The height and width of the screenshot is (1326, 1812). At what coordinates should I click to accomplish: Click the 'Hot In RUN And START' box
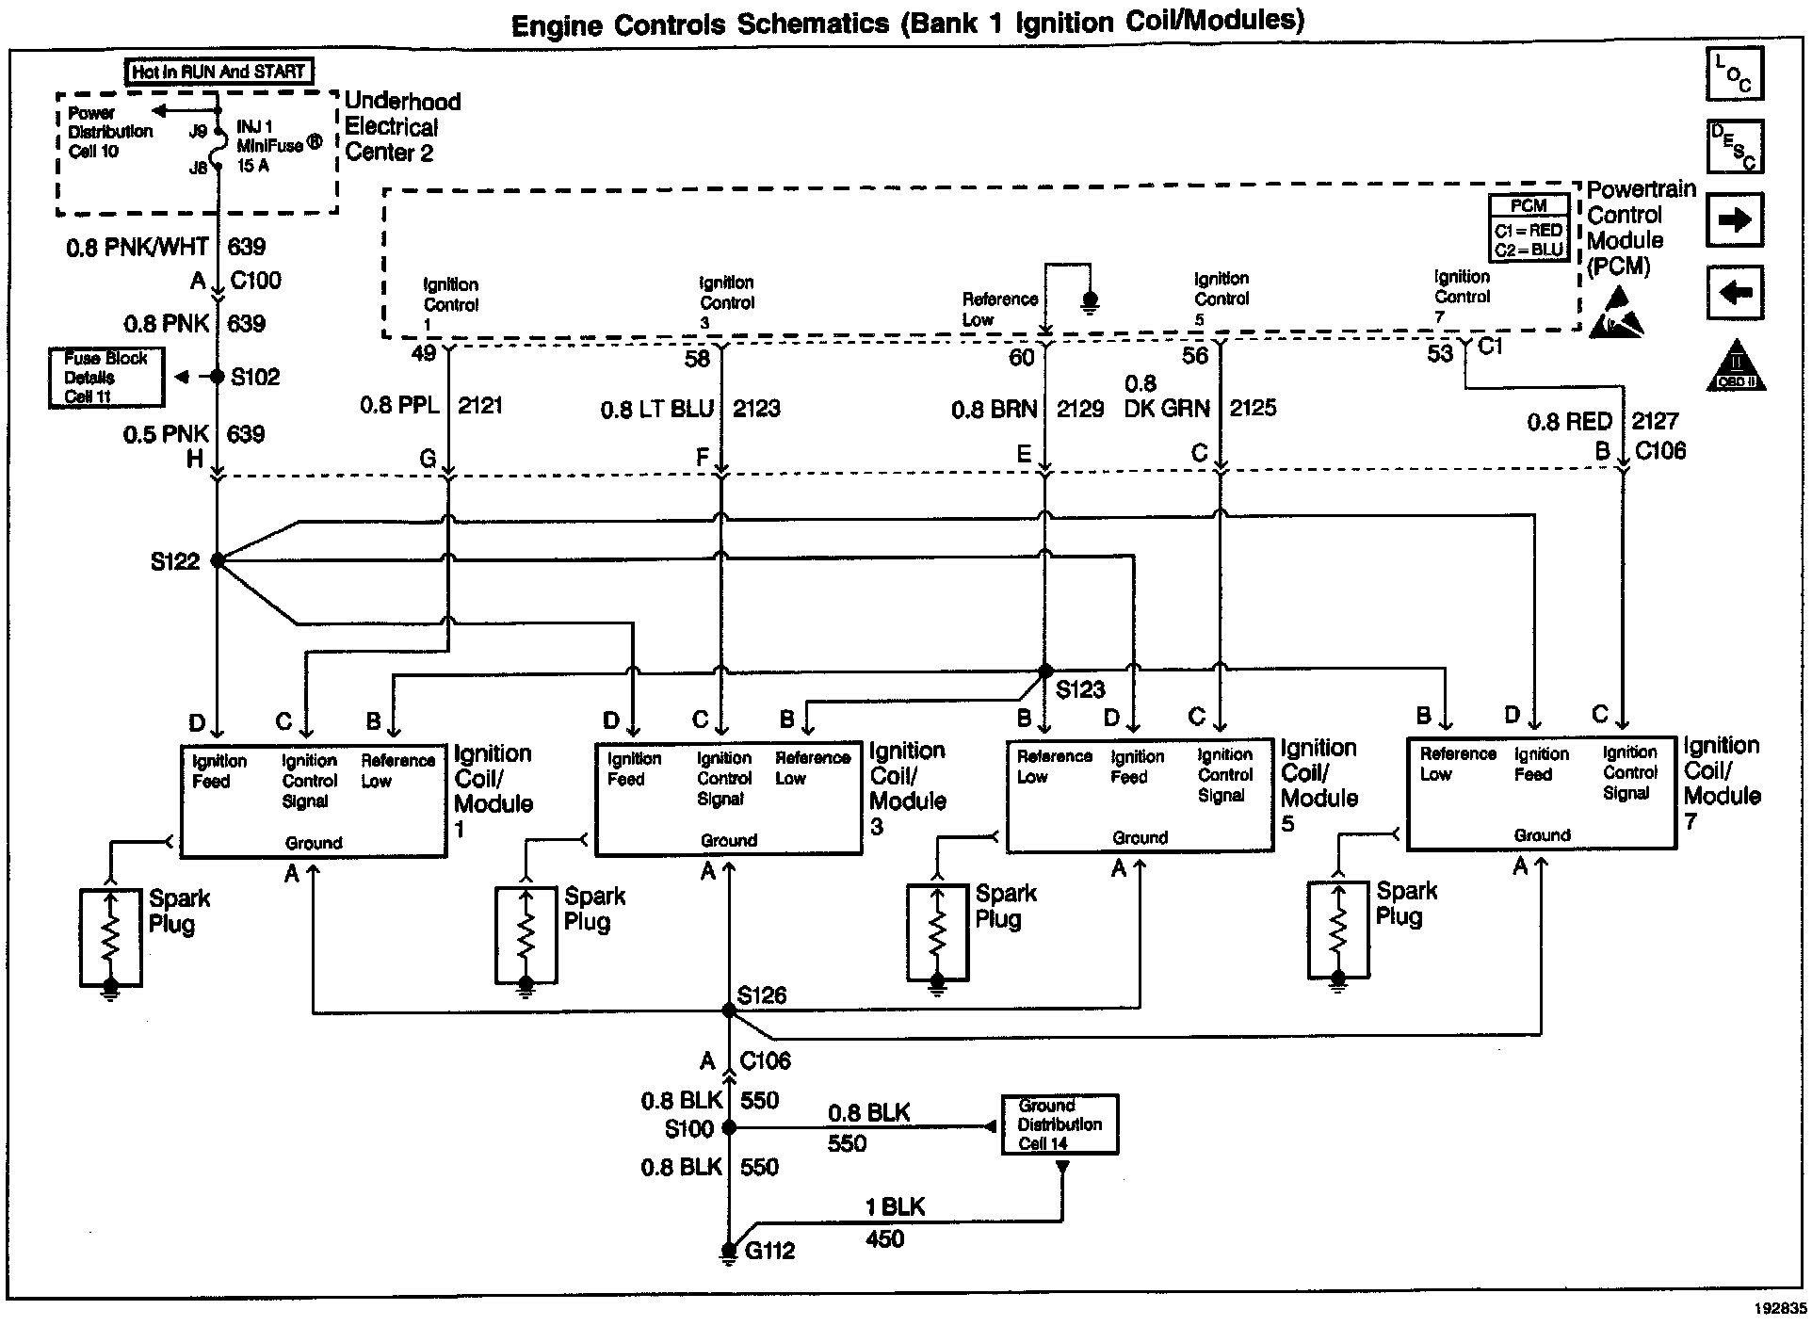(218, 72)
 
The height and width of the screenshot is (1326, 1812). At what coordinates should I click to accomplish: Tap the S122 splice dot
(218, 560)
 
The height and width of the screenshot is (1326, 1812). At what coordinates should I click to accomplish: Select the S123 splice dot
(1044, 671)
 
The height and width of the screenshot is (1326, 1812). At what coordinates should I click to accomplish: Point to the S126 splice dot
(728, 1010)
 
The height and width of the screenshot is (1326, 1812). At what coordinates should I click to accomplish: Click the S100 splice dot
(728, 1127)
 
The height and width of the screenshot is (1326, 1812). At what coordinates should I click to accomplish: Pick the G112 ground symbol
(728, 1252)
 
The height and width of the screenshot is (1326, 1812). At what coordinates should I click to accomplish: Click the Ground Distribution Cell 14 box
(1060, 1124)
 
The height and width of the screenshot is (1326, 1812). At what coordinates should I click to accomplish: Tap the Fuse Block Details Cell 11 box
(106, 378)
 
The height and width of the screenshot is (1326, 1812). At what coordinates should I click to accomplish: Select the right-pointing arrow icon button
(1735, 220)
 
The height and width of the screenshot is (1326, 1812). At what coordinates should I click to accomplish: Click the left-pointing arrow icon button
(1735, 293)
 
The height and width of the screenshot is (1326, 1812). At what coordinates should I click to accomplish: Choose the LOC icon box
(1735, 73)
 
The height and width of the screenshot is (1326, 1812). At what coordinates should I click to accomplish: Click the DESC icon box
(1735, 147)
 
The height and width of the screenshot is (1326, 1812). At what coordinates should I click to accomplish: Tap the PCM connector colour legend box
(1529, 228)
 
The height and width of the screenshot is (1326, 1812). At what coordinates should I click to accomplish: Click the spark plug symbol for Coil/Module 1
(110, 938)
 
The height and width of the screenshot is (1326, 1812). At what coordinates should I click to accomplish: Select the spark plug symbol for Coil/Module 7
(1338, 930)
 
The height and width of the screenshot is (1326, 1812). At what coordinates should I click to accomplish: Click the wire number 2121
(480, 406)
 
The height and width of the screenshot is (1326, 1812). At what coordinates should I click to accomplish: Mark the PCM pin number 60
(1022, 357)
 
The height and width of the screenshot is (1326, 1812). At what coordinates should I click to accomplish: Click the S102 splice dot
(218, 377)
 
